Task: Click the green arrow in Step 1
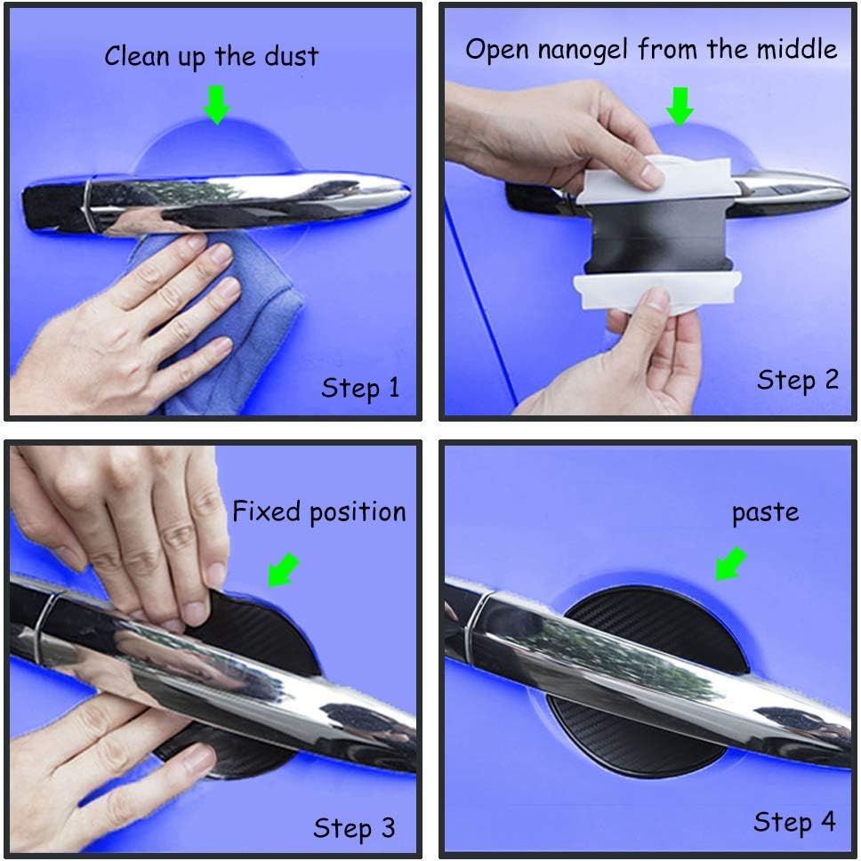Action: click(x=217, y=104)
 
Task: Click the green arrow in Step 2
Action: click(x=680, y=107)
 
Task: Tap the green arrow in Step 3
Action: click(x=284, y=570)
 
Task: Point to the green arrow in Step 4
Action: click(x=731, y=563)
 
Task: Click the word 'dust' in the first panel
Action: click(x=291, y=56)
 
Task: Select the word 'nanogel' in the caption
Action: click(x=583, y=50)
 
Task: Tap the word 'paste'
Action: click(x=766, y=513)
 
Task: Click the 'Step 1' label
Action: click(x=360, y=388)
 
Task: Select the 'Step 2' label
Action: click(x=798, y=380)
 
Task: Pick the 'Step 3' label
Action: click(x=354, y=828)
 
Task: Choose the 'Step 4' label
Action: click(x=794, y=822)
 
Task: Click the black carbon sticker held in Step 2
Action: click(x=659, y=235)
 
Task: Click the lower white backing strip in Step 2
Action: click(x=656, y=293)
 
